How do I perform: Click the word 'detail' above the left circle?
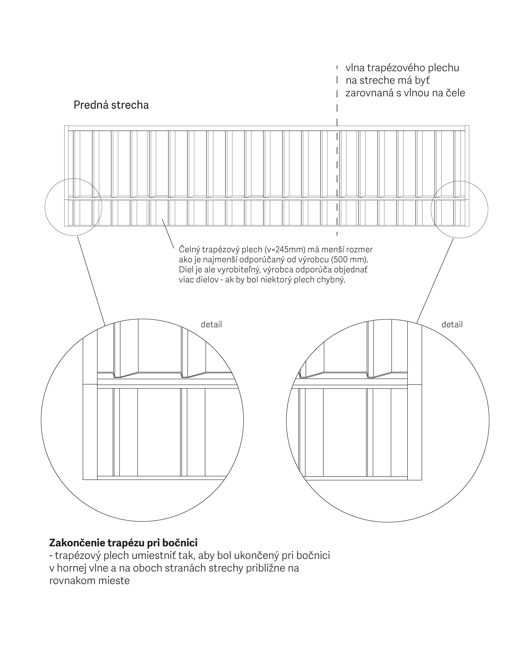tap(211, 325)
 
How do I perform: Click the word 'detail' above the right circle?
tap(452, 325)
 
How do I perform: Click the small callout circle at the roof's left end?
tap(45, 207)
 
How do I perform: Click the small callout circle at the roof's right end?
tap(431, 210)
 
